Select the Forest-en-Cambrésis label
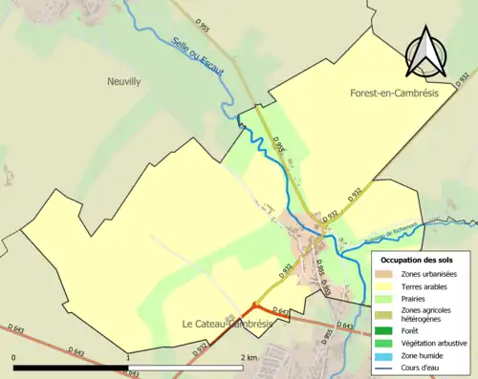click(389, 95)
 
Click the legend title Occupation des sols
click(418, 260)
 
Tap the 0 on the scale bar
click(13, 358)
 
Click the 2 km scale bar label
click(249, 358)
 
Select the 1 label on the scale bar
click(128, 358)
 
